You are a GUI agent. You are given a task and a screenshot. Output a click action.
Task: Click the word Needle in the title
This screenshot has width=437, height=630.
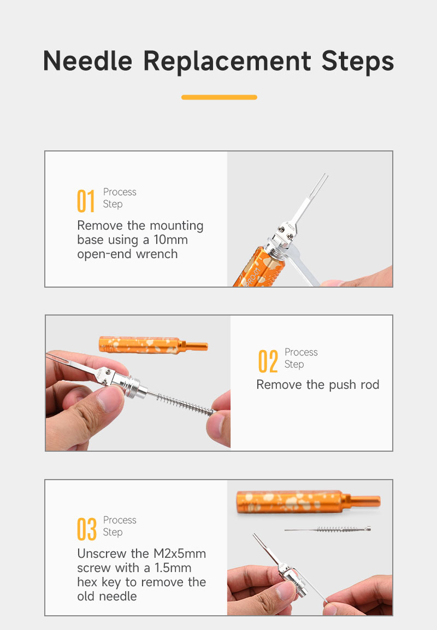click(87, 61)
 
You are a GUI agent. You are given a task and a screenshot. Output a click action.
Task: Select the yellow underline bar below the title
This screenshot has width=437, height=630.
click(219, 97)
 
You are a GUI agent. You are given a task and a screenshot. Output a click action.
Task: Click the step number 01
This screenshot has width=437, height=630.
click(86, 201)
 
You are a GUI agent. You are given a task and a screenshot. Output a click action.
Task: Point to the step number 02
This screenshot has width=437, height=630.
click(268, 361)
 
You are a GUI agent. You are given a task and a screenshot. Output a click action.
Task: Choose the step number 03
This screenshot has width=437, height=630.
click(87, 529)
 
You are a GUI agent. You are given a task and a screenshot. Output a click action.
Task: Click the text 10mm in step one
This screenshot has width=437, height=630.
click(170, 240)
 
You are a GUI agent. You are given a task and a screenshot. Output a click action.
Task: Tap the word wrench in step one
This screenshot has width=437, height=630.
click(157, 254)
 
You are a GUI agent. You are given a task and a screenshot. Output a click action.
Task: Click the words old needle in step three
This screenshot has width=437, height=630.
click(107, 596)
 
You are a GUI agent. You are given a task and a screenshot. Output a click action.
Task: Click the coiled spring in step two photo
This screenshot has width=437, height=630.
click(185, 404)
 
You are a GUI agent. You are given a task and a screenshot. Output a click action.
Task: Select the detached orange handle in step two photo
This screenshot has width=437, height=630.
click(153, 345)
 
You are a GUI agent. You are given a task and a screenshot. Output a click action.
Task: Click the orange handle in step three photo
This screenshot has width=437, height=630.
click(308, 501)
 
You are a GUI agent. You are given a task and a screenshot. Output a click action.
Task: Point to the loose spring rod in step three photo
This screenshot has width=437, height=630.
click(327, 529)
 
